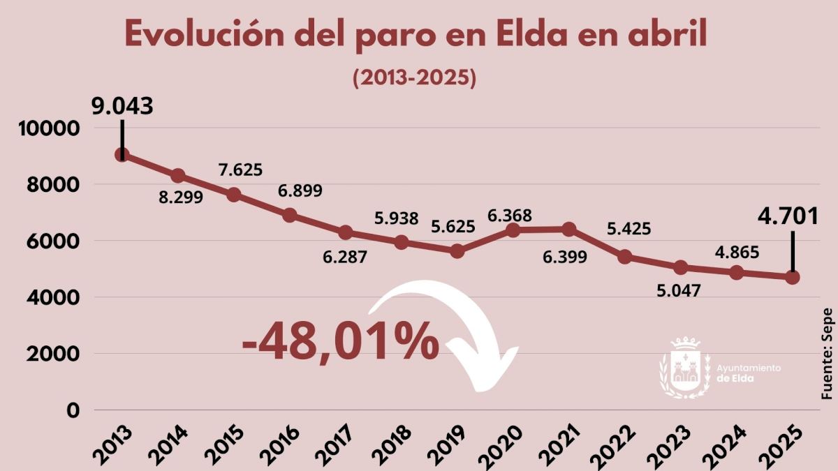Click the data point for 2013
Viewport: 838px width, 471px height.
(x=122, y=155)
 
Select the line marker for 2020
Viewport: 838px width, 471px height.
(x=513, y=230)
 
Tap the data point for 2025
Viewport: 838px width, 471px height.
(x=793, y=277)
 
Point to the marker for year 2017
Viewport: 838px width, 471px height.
(x=346, y=232)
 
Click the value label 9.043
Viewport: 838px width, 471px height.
(x=122, y=105)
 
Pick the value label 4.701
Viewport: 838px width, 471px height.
(x=788, y=216)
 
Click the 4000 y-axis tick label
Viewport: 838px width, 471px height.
(x=52, y=298)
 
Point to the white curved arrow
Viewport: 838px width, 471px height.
(x=461, y=328)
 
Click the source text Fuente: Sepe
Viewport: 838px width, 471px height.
(x=828, y=354)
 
